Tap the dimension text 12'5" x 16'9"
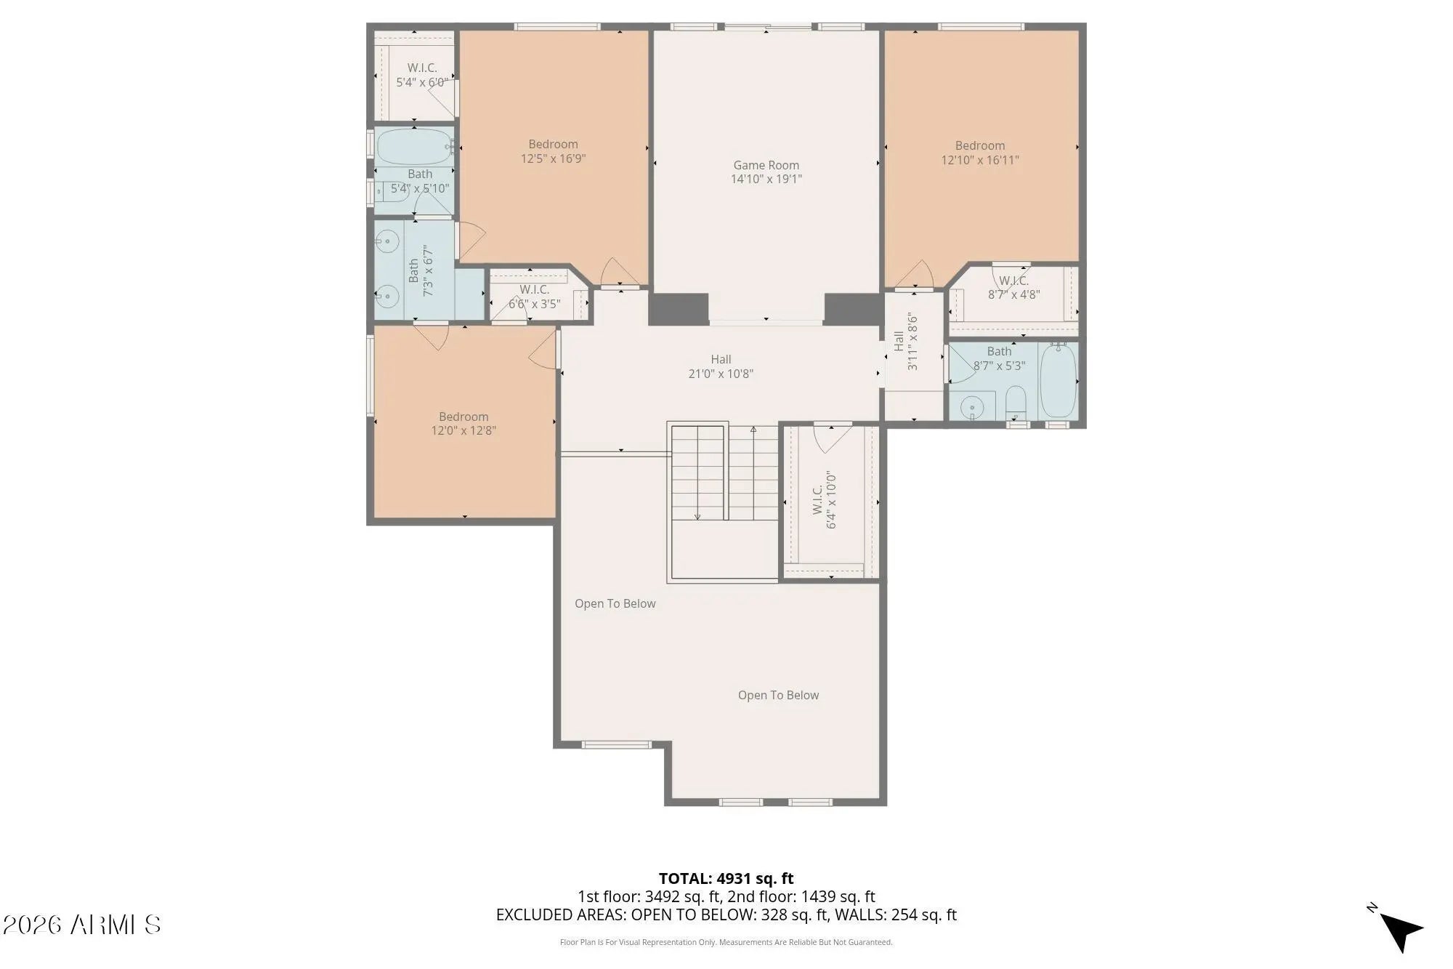[x=553, y=158]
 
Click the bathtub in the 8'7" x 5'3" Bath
[x=1059, y=381]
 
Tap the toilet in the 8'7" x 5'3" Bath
[x=1016, y=403]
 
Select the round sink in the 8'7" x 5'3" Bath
[x=972, y=408]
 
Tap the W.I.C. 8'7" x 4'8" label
[x=1013, y=288]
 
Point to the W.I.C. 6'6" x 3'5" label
[x=534, y=297]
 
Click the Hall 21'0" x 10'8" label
[x=721, y=366]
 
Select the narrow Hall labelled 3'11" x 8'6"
[x=913, y=356]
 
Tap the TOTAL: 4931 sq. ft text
[x=726, y=878]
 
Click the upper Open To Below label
[x=615, y=603]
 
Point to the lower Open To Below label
[x=778, y=695]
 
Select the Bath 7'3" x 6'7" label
[x=421, y=270]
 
